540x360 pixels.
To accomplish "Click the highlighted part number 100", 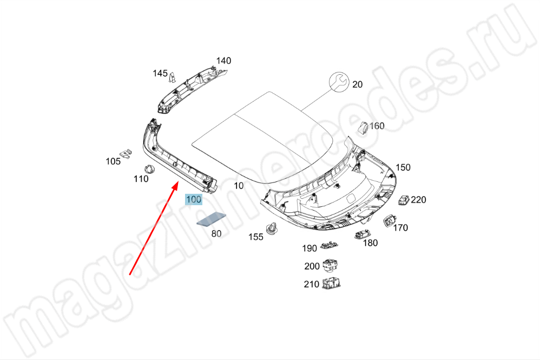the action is point(194,199).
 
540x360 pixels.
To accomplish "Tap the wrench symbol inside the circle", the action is point(339,81).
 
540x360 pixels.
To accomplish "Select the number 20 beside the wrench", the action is point(358,84).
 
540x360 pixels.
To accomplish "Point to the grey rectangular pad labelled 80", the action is point(212,219).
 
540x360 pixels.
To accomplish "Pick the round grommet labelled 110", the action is point(149,169).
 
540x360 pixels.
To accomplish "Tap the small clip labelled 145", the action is point(173,77).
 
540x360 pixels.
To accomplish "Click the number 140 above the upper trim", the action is point(223,61).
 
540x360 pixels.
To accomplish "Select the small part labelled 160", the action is point(364,127).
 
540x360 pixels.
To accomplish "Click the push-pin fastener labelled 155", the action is point(273,228).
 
